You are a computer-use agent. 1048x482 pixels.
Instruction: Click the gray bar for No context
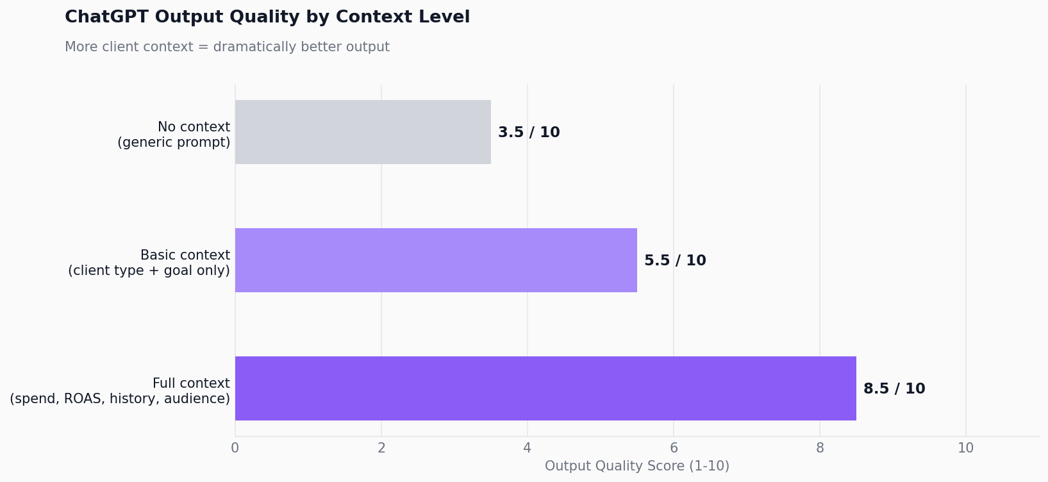pyautogui.click(x=363, y=132)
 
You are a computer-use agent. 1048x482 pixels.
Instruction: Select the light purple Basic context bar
pyautogui.click(x=436, y=260)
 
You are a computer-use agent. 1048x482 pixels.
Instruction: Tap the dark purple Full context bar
pyautogui.click(x=545, y=388)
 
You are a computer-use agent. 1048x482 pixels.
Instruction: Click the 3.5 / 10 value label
pyautogui.click(x=529, y=133)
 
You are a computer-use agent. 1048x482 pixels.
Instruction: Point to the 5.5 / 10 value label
pyautogui.click(x=675, y=261)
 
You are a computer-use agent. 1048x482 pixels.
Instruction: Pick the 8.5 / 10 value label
pyautogui.click(x=894, y=389)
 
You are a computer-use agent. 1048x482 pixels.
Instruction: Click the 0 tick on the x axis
pyautogui.click(x=235, y=449)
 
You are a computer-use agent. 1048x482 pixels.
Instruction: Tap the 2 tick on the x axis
pyautogui.click(x=381, y=449)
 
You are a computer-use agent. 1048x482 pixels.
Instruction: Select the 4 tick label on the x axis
pyautogui.click(x=528, y=449)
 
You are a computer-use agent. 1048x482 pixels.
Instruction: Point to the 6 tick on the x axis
pyautogui.click(x=674, y=449)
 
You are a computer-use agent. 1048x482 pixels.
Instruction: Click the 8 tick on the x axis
pyautogui.click(x=820, y=449)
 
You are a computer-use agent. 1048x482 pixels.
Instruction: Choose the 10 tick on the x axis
pyautogui.click(x=965, y=449)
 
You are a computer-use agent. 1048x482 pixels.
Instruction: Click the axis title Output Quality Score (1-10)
pyautogui.click(x=636, y=467)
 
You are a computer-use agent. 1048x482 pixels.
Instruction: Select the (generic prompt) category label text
pyautogui.click(x=174, y=143)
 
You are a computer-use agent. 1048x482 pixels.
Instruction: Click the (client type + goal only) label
pyautogui.click(x=149, y=271)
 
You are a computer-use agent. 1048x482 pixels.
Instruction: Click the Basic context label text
pyautogui.click(x=185, y=255)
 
